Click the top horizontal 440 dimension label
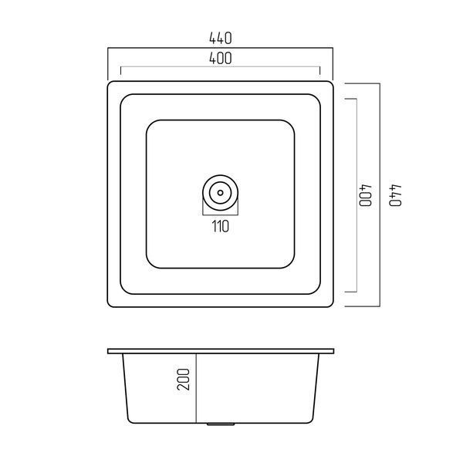point(220,39)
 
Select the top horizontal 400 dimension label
point(220,58)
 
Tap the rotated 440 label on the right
point(395,195)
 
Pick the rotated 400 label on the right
point(366,195)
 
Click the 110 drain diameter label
point(220,226)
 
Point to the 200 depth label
point(184,380)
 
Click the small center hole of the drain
point(220,193)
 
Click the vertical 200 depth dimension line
point(196,388)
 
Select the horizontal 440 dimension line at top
point(220,48)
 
